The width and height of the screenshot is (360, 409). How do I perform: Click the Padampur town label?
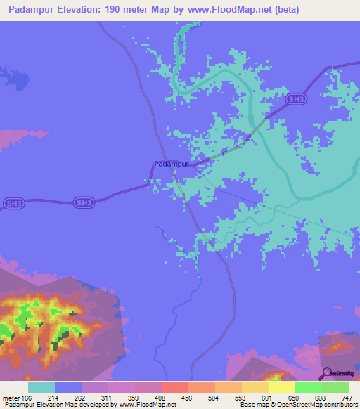pyautogui.click(x=172, y=164)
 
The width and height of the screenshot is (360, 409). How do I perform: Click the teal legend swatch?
pyautogui.click(x=41, y=387)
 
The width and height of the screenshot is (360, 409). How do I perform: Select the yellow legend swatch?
pyautogui.click(x=281, y=387)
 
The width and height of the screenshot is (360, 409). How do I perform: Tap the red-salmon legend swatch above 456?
pyautogui.click(x=174, y=387)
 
